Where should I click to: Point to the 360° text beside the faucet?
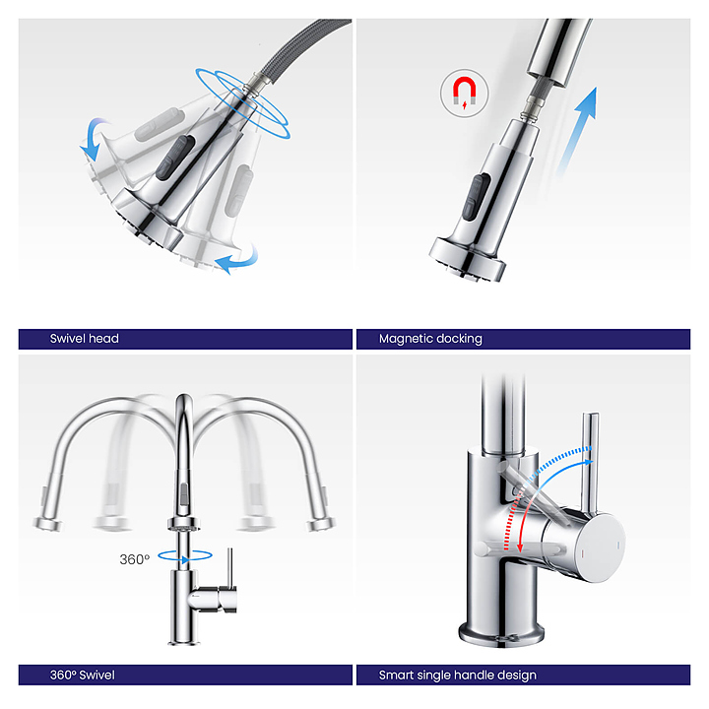pos(134,559)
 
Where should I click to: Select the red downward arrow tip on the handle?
pos(520,548)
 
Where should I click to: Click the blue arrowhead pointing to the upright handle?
pos(588,462)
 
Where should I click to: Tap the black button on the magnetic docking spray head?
pos(476,197)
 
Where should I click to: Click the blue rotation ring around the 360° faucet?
pos(185,555)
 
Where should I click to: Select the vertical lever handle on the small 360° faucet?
pos(229,567)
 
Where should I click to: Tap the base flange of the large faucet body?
pos(501,633)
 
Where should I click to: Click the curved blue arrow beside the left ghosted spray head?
pos(95,138)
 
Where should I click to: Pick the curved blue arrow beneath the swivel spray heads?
pos(236,260)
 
